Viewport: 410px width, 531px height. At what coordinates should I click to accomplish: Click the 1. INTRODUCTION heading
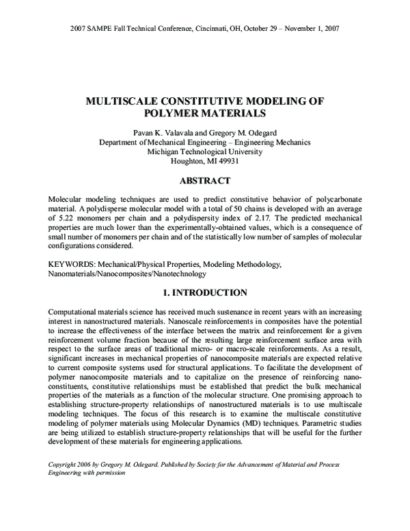pos(204,293)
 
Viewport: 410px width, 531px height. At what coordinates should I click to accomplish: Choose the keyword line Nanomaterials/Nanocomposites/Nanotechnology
pos(118,273)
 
